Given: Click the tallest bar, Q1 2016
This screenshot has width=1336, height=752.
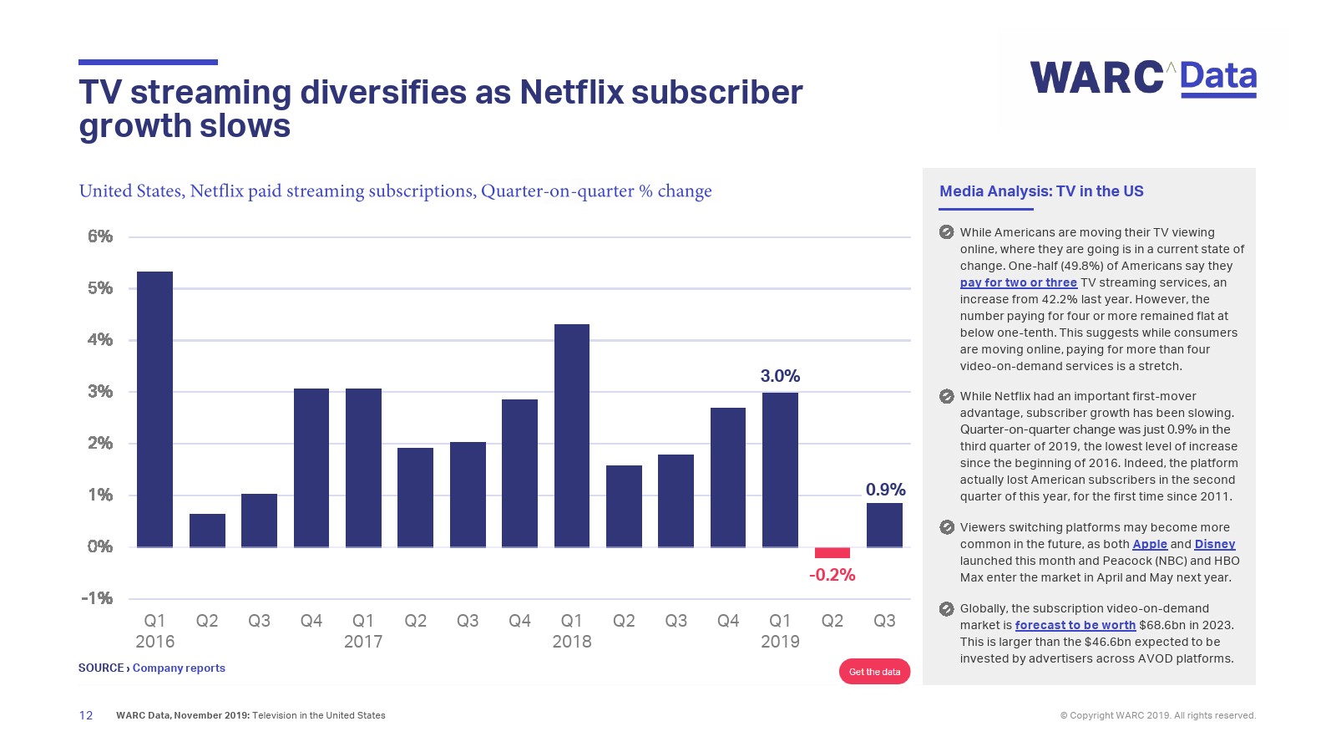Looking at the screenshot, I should tap(154, 409).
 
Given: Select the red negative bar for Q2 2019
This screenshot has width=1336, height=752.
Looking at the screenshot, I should tap(832, 553).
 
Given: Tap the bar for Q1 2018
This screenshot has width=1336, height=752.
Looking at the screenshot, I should tap(572, 435).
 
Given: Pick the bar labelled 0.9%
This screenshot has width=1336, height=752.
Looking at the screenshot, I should tap(884, 525).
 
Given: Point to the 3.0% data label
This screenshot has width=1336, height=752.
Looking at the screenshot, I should tap(780, 376).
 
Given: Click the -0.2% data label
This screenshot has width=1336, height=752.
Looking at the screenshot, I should tap(832, 575).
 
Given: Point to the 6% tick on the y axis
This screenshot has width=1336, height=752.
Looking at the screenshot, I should tap(100, 236).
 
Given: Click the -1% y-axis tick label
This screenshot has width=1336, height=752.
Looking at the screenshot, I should tap(97, 598).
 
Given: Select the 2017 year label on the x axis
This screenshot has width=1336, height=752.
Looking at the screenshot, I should tap(363, 642).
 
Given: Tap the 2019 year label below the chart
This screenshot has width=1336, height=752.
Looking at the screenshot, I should tap(780, 642).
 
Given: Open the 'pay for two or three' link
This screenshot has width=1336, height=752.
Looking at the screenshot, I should tap(1018, 282).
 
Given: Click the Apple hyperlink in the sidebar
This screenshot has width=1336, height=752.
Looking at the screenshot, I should tap(1149, 544).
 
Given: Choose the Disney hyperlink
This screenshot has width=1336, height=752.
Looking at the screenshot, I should tap(1214, 544).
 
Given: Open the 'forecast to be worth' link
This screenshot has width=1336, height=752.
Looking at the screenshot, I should tap(1075, 625).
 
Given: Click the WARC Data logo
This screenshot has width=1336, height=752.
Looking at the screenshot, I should tap(1142, 79).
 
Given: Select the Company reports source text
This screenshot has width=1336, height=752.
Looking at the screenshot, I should tap(179, 668).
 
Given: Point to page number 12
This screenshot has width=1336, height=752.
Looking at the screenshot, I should tap(86, 715).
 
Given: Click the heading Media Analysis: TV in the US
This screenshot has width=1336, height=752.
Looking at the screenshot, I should tap(1041, 191).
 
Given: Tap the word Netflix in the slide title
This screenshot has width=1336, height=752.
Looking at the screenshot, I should tap(571, 93).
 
